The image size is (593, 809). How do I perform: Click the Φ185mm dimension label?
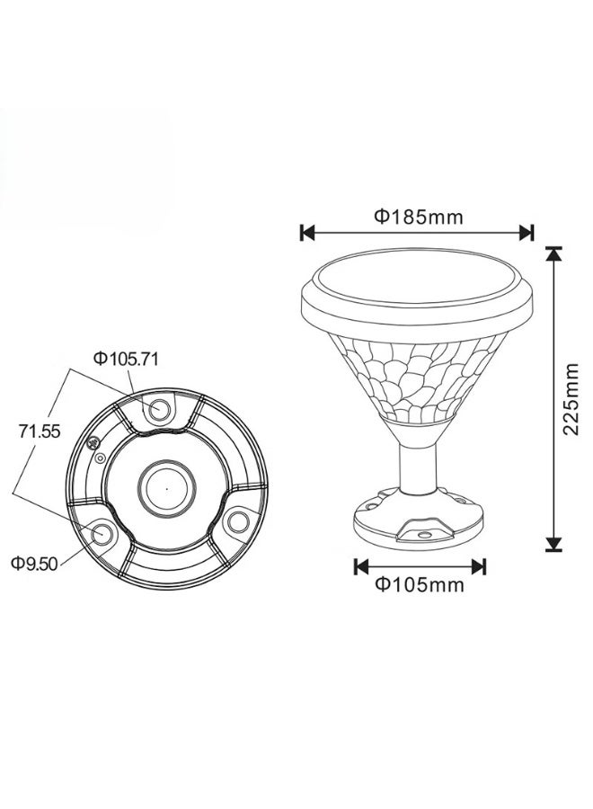(x=418, y=217)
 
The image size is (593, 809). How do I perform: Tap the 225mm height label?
(x=571, y=398)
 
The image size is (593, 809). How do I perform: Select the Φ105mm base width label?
(x=420, y=584)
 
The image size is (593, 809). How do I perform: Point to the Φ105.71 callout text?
(x=126, y=359)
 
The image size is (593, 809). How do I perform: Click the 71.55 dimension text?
(x=40, y=431)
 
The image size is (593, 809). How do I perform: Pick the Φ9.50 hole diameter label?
(x=34, y=564)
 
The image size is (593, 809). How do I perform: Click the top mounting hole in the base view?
(x=159, y=410)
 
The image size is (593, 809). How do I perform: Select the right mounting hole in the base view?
(x=238, y=521)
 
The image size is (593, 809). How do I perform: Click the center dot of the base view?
(x=166, y=487)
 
